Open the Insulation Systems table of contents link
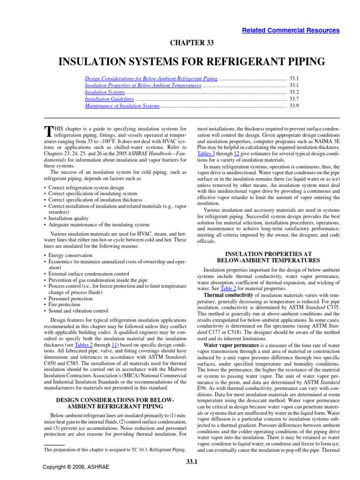click(105, 93)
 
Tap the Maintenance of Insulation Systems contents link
click(122, 106)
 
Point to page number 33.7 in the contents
click(294, 99)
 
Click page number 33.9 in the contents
click(294, 106)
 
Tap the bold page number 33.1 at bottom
click(191, 465)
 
